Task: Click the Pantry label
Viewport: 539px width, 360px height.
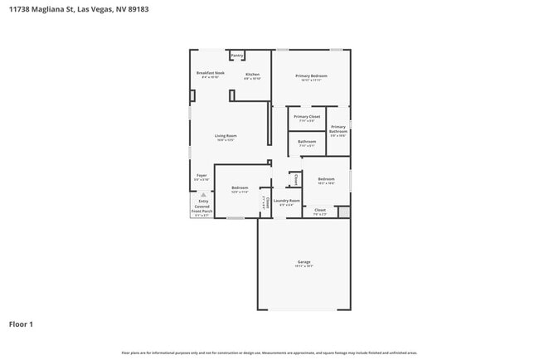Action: point(236,56)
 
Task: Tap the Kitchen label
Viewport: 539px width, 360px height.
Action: point(253,74)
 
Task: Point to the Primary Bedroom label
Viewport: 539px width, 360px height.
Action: point(312,76)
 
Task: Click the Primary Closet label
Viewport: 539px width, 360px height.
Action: point(307,117)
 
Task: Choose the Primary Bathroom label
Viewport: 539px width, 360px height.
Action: point(338,129)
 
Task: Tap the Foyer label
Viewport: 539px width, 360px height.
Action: point(202,175)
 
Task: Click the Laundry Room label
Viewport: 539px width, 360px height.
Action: point(287,200)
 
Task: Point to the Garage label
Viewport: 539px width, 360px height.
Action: point(304,262)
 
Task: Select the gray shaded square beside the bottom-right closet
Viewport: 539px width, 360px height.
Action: point(344,212)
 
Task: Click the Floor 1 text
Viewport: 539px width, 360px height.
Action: point(21,324)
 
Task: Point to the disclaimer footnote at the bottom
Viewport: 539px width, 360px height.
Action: point(269,353)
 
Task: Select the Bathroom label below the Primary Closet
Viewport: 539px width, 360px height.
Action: point(307,142)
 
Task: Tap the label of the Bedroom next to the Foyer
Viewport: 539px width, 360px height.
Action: point(240,188)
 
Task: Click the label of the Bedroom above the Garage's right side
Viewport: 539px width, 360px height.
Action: point(326,179)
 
